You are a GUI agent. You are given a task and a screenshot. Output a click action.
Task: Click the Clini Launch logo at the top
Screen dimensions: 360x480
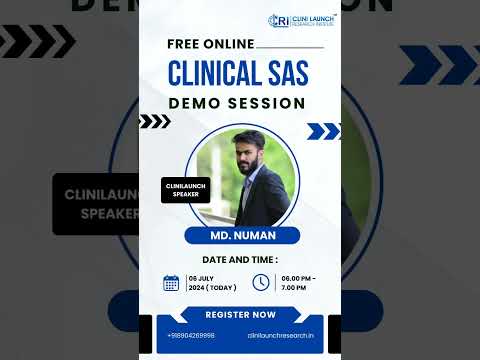tap(301, 19)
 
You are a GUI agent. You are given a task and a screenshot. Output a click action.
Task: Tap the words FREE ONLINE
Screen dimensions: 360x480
tap(211, 45)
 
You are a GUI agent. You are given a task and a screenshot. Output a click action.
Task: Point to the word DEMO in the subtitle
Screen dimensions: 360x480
tap(194, 104)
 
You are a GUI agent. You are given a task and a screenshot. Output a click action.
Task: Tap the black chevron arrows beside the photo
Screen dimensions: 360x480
tap(155, 122)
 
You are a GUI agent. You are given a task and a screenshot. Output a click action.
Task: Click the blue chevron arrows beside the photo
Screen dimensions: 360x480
tap(323, 131)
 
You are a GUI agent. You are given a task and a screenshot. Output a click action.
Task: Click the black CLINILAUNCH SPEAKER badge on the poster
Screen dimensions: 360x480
tap(186, 189)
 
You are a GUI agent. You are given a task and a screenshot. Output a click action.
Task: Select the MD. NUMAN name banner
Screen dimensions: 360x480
tap(240, 236)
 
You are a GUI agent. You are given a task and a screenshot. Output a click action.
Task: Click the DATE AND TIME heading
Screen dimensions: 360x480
tap(240, 259)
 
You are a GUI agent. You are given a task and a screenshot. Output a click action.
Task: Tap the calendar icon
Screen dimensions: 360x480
tap(172, 283)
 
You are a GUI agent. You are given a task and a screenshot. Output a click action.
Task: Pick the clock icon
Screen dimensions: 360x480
tap(261, 283)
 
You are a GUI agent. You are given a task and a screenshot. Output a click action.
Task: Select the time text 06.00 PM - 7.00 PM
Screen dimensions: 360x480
tap(298, 283)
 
